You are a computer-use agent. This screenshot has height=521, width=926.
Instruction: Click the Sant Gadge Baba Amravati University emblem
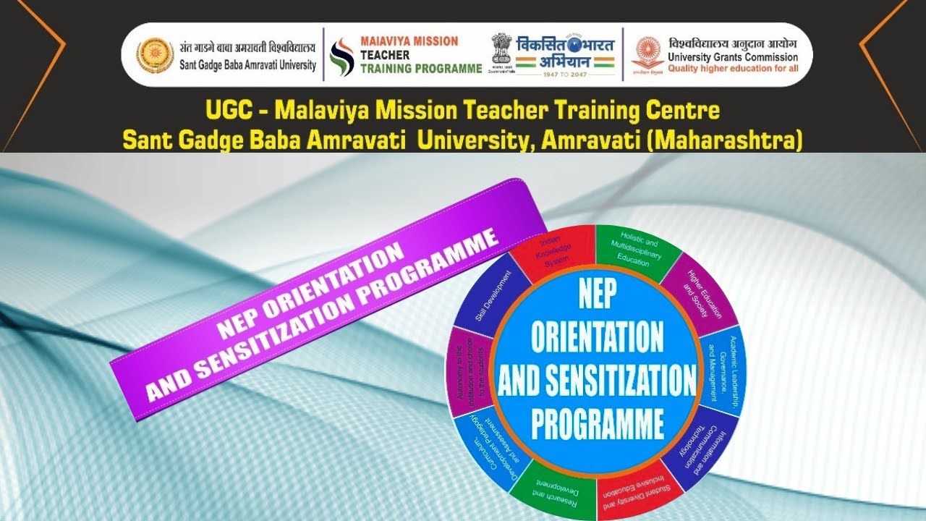point(155,55)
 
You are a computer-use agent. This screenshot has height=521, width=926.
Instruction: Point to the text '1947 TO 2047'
point(566,73)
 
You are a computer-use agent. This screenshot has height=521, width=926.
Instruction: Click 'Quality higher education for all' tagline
point(733,68)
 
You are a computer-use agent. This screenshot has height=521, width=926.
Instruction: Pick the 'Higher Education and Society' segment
point(697,294)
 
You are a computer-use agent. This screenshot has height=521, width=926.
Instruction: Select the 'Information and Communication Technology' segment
point(695,441)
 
